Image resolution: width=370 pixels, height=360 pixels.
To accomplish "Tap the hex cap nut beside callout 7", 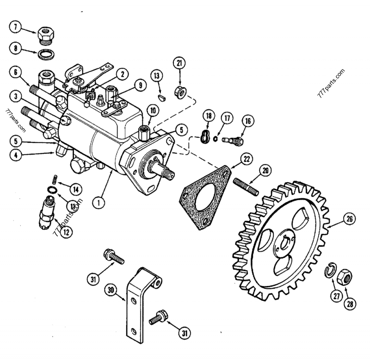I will tap(47, 32).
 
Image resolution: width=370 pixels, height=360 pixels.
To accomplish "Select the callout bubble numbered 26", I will tap(350, 218).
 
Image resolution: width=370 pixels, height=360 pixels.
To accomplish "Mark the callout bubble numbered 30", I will tap(110, 291).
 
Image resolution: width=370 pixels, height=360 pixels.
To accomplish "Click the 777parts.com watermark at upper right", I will tap(331, 83).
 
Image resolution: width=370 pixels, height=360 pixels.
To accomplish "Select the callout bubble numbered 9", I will tap(140, 85).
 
